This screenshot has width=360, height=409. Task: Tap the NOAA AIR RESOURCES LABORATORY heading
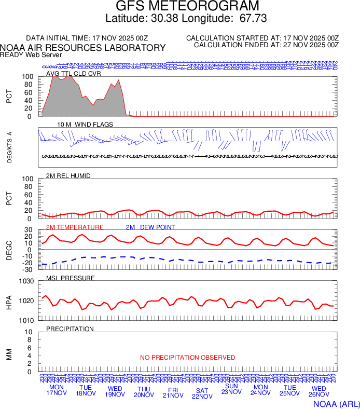pyautogui.click(x=83, y=48)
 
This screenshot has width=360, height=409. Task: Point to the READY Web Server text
pyautogui.click(x=31, y=54)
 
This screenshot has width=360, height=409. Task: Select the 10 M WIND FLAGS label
pyautogui.click(x=85, y=125)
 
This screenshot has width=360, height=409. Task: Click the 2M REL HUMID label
pyautogui.click(x=68, y=176)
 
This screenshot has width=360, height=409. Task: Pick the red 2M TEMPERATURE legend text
pyautogui.click(x=75, y=227)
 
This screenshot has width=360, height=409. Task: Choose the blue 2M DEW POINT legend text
pyautogui.click(x=150, y=227)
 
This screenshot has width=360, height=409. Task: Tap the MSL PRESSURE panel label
pyautogui.click(x=71, y=278)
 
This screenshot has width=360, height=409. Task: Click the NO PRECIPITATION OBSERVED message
pyautogui.click(x=187, y=358)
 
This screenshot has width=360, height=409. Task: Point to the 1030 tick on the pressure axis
pyautogui.click(x=27, y=281)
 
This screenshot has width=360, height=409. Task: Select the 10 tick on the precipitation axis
pyautogui.click(x=29, y=332)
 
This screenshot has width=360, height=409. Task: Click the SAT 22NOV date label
pyautogui.click(x=202, y=393)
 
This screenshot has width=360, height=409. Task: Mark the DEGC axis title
pyautogui.click(x=9, y=250)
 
